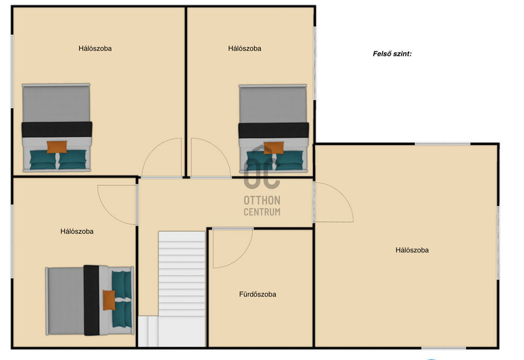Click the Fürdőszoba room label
click(257, 294)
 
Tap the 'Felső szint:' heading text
click(392, 54)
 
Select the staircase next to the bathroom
click(182, 289)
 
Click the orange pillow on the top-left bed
click(57, 147)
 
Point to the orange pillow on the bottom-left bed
click(109, 300)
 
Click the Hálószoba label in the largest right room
click(412, 250)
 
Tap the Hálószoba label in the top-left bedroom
click(95, 49)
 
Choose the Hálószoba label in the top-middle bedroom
click(245, 49)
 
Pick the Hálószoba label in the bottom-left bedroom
click(77, 231)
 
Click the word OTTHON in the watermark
click(262, 200)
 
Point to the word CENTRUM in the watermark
click(262, 212)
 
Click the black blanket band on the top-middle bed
click(273, 130)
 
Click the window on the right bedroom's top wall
click(443, 144)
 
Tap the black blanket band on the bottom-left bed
click(92, 300)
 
